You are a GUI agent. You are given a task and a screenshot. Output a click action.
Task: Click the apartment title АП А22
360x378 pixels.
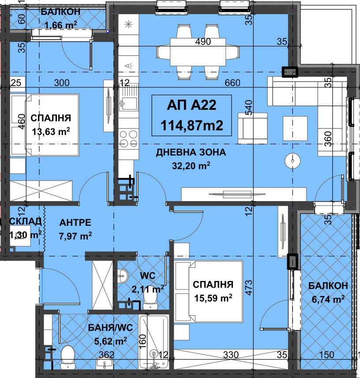(192, 105)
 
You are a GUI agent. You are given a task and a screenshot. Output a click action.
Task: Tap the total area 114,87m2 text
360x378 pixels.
(192, 125)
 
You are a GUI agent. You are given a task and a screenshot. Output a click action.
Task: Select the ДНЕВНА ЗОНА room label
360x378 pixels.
(191, 152)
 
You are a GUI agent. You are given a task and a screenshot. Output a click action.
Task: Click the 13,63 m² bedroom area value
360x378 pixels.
(51, 131)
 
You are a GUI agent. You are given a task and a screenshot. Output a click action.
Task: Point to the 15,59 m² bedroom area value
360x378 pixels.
(213, 298)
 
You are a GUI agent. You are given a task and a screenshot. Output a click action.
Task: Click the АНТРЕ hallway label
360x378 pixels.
(75, 222)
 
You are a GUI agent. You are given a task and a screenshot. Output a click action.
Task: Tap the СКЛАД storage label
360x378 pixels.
(25, 221)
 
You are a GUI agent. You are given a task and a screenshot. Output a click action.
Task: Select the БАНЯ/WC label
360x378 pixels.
(110, 327)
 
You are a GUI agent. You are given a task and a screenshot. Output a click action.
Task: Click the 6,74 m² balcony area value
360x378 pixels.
(328, 299)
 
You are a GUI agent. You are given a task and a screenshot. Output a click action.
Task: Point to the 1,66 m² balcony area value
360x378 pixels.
(61, 25)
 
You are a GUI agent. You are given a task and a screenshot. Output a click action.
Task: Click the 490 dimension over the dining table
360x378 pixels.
(203, 42)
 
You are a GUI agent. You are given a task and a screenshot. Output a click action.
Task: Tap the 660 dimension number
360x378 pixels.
(232, 82)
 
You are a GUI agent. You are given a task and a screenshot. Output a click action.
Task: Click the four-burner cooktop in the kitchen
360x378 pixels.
(128, 138)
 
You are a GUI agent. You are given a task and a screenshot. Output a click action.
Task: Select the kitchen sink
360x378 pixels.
(129, 97)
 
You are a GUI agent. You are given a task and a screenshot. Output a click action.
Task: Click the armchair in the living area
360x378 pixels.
(252, 128)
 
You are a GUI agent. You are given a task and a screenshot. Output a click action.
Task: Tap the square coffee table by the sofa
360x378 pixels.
(295, 128)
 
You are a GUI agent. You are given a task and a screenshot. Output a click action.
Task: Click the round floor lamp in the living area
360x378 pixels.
(292, 161)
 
